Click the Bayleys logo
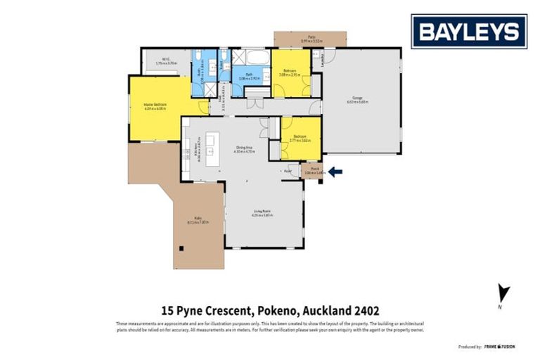pyautogui.click(x=469, y=32)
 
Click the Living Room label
pyautogui.click(x=263, y=212)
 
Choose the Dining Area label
pyautogui.click(x=244, y=148)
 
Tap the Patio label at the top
pyautogui.click(x=311, y=39)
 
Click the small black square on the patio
pyautogui.click(x=181, y=247)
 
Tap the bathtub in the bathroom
pyautogui.click(x=256, y=56)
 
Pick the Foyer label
pyautogui.click(x=288, y=171)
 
